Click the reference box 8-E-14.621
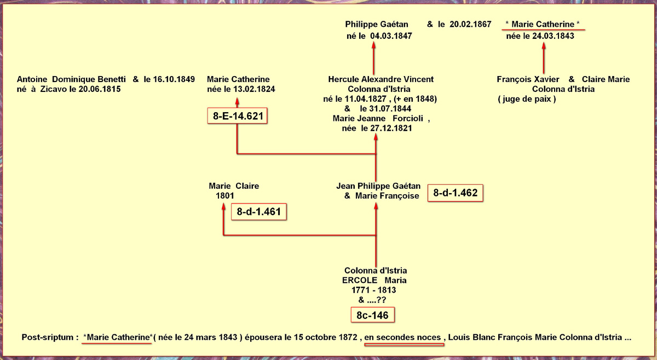(x=237, y=116)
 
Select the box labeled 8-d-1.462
(x=455, y=193)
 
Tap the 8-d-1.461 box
(x=258, y=212)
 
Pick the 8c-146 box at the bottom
(x=372, y=315)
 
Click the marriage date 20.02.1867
(x=470, y=24)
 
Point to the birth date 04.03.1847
(x=391, y=36)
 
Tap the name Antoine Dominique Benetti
(x=71, y=79)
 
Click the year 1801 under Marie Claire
(x=225, y=196)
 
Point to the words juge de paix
(x=527, y=99)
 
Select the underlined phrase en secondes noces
(x=402, y=338)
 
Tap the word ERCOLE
(x=360, y=280)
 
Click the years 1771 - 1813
(x=373, y=290)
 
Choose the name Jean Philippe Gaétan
(x=378, y=186)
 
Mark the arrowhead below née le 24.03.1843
(x=544, y=45)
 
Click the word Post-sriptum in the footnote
(x=48, y=338)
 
